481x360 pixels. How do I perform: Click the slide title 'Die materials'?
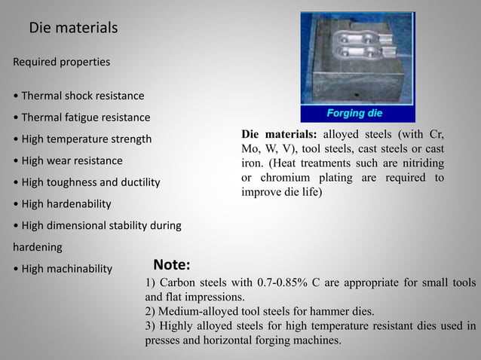point(73,29)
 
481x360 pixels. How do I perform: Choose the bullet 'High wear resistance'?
point(68,160)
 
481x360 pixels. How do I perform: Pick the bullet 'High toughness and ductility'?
point(87,182)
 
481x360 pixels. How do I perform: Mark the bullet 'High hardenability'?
point(63,204)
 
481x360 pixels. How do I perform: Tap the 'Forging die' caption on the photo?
point(354,114)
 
